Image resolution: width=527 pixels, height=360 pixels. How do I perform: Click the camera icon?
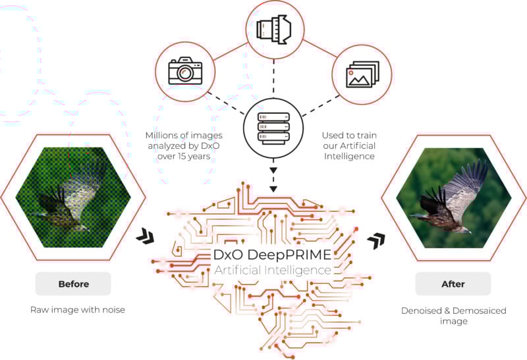184,70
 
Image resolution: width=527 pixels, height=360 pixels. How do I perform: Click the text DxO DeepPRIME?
272,255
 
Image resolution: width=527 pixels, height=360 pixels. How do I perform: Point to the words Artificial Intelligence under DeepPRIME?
272,270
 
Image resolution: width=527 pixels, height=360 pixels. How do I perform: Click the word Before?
73,284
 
